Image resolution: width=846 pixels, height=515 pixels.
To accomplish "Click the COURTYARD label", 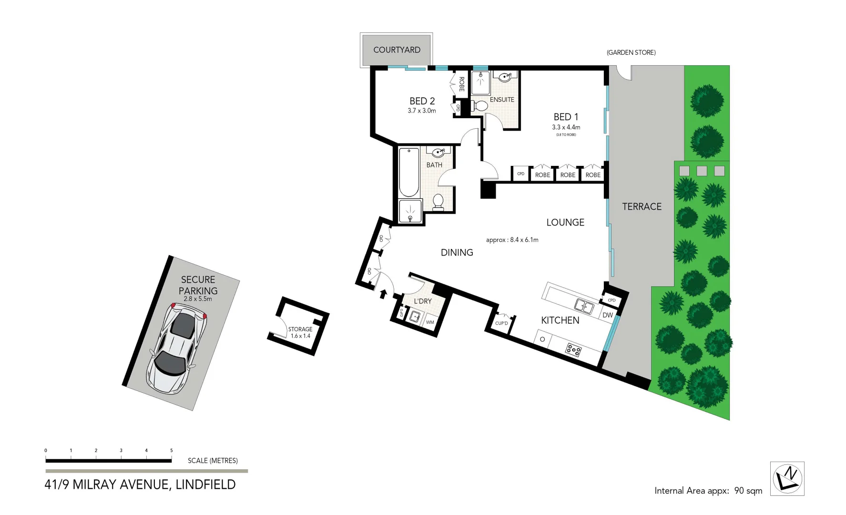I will coord(397,50).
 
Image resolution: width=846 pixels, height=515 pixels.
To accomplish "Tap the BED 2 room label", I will coord(422,101).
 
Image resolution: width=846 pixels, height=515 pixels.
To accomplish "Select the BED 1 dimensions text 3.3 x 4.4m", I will coord(566,127).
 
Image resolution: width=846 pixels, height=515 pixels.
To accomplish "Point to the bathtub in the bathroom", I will coord(408,173).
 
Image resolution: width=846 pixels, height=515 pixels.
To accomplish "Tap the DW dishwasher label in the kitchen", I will coord(607,315).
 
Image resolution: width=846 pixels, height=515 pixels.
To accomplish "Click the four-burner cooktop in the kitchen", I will coord(573,350).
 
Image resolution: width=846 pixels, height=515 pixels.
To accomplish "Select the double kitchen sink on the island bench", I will coord(583,306).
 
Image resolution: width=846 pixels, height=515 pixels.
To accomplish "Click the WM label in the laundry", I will coord(430,322).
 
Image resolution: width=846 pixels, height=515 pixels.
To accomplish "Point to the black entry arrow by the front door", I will coord(382,294).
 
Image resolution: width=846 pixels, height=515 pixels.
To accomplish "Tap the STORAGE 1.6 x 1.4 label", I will coord(300,332).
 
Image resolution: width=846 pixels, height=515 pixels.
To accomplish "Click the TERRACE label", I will coord(642,206).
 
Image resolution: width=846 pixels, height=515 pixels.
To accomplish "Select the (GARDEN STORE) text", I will coord(631,52).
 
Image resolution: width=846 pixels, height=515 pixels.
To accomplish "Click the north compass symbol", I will coord(787,478).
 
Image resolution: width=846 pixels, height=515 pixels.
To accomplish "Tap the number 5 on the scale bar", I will coord(171,450).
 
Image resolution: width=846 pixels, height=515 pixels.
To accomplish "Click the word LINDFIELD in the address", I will coord(205,484).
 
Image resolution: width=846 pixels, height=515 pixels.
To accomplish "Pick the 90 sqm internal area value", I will coord(748,491).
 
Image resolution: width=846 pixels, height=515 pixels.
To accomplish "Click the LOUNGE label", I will coord(565,222).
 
